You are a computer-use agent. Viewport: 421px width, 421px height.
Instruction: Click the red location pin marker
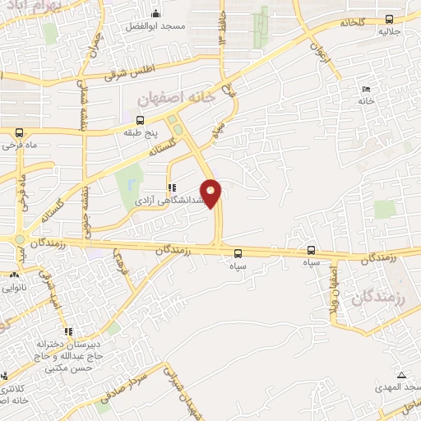[211, 193]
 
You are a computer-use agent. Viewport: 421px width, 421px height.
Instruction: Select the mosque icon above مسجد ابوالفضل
[157, 13]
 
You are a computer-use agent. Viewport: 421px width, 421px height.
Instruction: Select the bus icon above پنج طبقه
[140, 119]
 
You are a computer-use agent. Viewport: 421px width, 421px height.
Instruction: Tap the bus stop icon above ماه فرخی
[18, 132]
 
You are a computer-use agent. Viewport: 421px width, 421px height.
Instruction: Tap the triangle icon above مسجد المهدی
[400, 375]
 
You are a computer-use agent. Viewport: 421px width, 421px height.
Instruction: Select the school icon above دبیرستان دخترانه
[69, 331]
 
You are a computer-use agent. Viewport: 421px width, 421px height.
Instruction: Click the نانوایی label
[18, 288]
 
